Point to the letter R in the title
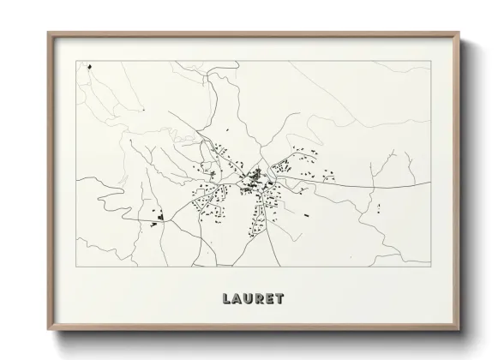(263, 299)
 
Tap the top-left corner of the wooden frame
(47, 33)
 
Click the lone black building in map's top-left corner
(88, 64)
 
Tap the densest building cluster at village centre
(255, 180)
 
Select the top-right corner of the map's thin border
(429, 59)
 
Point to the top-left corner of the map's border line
(75, 59)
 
